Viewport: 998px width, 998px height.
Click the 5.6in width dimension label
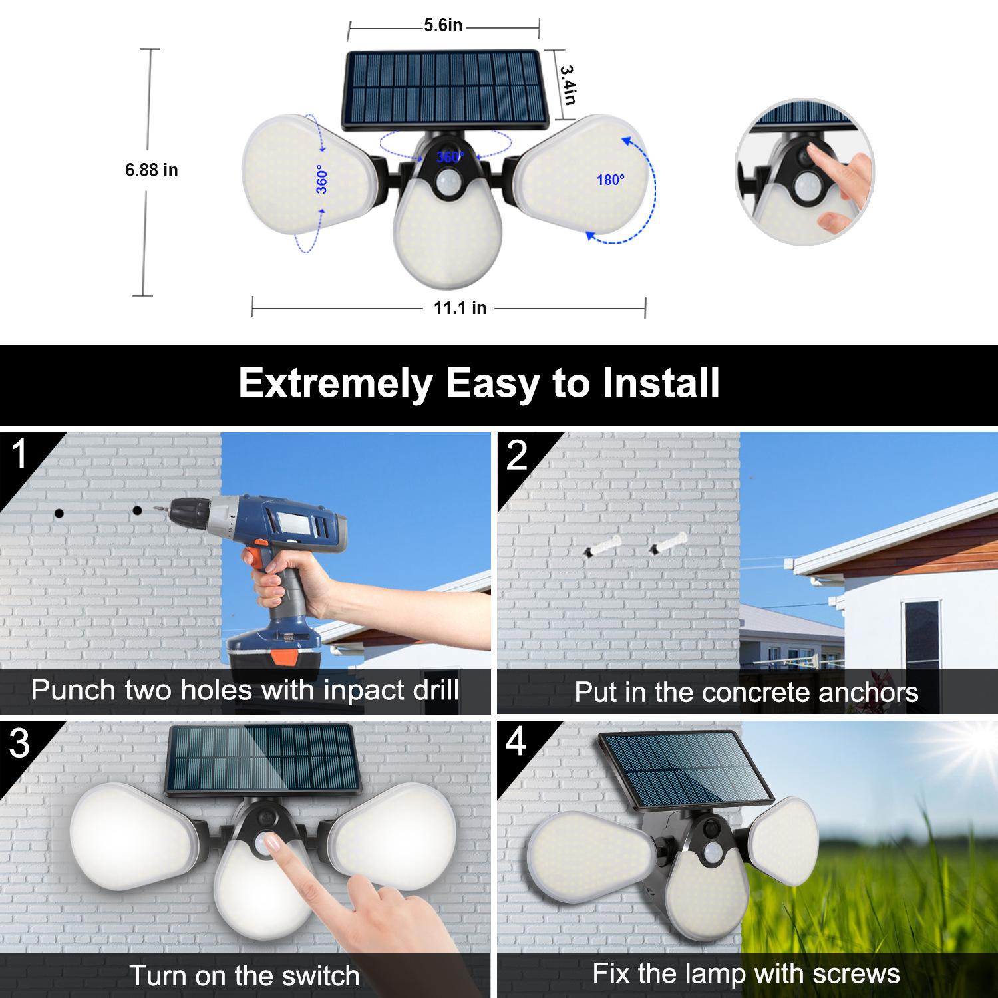click(x=443, y=25)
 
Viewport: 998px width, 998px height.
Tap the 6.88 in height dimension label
click(x=152, y=170)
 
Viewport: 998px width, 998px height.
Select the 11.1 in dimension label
click(x=460, y=308)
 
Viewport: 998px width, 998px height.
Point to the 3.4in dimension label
click(x=567, y=84)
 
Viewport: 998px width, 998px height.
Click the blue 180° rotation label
click(x=611, y=180)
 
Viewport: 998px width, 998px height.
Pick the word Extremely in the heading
click(x=335, y=385)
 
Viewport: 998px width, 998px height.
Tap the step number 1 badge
click(x=20, y=454)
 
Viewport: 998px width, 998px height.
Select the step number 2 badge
click(x=517, y=455)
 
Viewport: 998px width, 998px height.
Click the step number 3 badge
click(x=20, y=743)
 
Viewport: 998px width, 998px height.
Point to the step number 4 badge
click(x=517, y=743)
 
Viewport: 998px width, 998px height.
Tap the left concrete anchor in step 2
click(x=603, y=548)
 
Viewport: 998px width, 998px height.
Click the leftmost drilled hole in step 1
click(x=59, y=513)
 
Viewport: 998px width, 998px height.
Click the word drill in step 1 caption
click(x=434, y=689)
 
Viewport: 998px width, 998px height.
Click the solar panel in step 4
click(x=685, y=772)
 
